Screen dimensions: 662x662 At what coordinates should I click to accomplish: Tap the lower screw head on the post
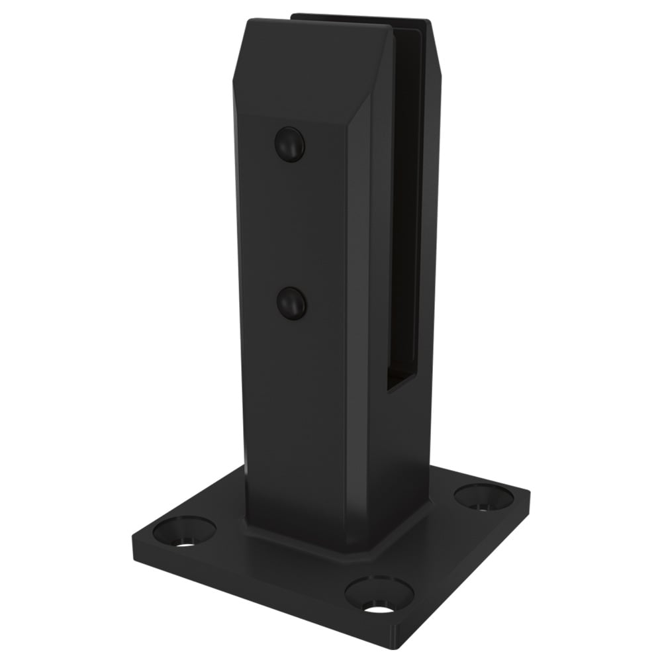292,303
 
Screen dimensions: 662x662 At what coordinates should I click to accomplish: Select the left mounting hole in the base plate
184,531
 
